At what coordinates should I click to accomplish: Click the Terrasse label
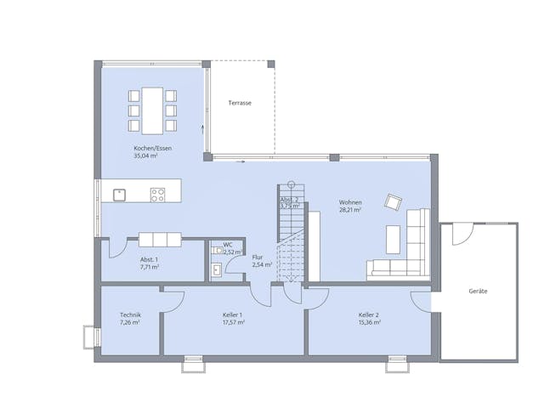click(x=240, y=103)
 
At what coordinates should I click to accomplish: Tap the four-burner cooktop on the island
click(x=157, y=195)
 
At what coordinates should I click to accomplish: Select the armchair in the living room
click(x=392, y=201)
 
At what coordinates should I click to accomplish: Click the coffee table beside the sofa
click(x=394, y=239)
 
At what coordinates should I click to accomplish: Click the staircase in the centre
click(x=292, y=234)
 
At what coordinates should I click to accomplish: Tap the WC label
click(x=228, y=245)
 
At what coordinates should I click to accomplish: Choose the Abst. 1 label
click(x=149, y=259)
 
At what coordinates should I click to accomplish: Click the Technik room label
click(x=129, y=315)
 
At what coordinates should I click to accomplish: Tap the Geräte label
click(x=479, y=292)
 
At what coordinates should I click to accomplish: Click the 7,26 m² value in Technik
click(x=129, y=323)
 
